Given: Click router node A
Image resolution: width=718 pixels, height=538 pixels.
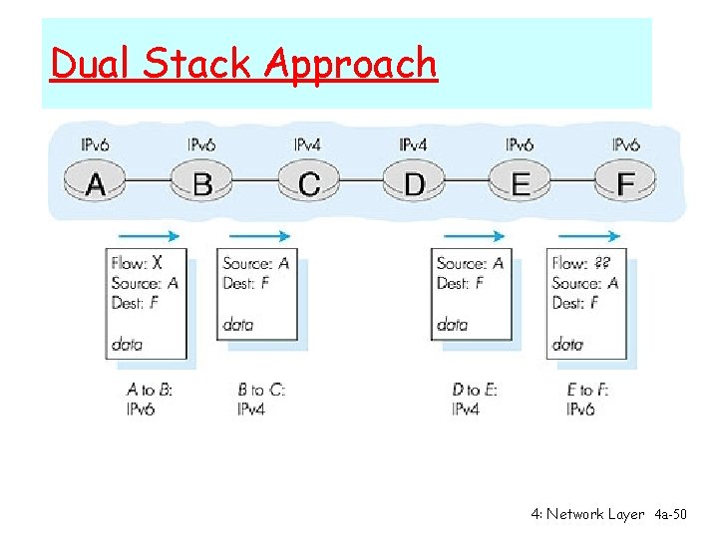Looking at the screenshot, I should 96,183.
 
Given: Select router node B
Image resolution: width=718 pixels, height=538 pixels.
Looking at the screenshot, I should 202,183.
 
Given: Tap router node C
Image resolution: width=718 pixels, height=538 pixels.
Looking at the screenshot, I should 309,183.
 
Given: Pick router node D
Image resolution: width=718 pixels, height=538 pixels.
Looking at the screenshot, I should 414,183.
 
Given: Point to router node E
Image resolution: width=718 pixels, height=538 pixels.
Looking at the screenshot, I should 521,183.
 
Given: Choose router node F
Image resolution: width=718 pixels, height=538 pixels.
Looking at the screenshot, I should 626,183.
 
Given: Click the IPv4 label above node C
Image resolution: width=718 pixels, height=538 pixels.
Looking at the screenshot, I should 307,145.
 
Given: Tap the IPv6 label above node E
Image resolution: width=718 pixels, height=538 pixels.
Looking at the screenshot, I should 520,145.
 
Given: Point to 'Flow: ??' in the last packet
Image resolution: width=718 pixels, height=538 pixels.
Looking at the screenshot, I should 582,263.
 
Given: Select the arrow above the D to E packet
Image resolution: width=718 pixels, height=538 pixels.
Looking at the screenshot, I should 474,236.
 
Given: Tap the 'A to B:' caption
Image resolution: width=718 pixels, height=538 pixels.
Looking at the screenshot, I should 150,390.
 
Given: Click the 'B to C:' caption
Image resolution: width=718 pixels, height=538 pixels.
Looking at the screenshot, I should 261,390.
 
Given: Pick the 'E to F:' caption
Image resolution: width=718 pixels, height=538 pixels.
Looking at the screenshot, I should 587,390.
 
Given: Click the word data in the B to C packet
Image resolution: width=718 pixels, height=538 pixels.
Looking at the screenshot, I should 238,324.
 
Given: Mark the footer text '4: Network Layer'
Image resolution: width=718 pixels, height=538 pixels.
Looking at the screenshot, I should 588,514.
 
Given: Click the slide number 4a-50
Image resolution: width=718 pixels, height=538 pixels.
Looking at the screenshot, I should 670,514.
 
